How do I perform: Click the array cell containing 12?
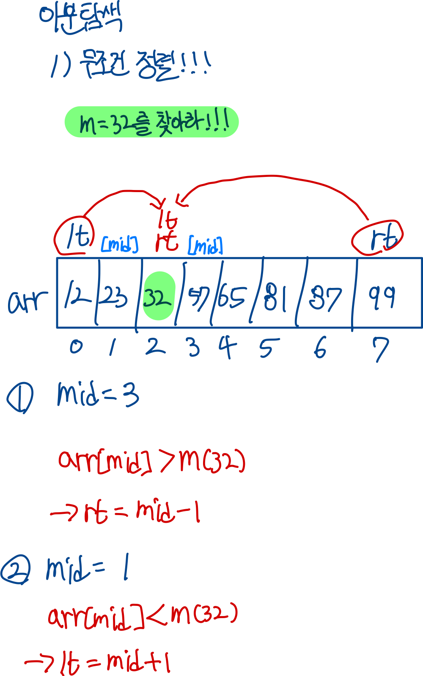pos(77,296)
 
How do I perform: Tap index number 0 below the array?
pos(77,347)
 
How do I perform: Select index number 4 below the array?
pos(228,347)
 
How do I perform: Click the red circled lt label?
pos(74,236)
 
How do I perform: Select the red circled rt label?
pos(377,238)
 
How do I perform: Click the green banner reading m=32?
pos(151,122)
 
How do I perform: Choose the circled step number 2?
pos(16,569)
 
